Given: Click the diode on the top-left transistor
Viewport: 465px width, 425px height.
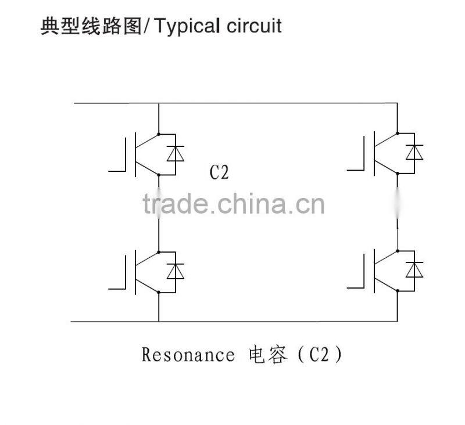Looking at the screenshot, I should click(176, 153).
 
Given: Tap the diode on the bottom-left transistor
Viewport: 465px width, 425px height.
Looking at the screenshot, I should click(176, 271).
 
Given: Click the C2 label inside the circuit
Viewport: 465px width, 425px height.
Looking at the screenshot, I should click(219, 172).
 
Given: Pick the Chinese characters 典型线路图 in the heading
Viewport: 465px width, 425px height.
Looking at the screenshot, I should click(91, 26).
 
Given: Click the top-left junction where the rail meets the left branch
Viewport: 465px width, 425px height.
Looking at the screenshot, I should click(159, 104).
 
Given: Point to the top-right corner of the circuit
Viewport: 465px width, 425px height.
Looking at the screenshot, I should click(398, 104).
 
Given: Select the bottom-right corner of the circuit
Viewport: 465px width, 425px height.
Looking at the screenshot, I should click(398, 321).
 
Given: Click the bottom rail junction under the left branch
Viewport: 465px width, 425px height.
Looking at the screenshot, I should click(159, 321).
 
